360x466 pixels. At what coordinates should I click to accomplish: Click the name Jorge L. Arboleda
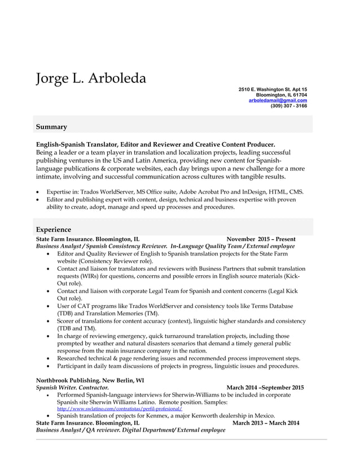pyautogui.click(x=91, y=78)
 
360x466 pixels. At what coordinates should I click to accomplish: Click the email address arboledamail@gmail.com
pyautogui.click(x=278, y=100)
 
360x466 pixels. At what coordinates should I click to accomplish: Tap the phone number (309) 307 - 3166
pyautogui.click(x=288, y=105)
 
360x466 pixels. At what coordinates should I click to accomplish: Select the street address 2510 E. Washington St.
pyautogui.click(x=266, y=90)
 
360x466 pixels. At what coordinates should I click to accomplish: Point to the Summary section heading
pyautogui.click(x=51, y=127)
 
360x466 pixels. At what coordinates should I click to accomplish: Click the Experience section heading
pyautogui.click(x=54, y=230)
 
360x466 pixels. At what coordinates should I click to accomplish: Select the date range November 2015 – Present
pyautogui.click(x=261, y=239)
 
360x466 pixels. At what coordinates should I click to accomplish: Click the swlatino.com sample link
pyautogui.click(x=120, y=408)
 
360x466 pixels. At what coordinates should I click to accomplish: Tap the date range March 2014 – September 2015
pyautogui.click(x=265, y=388)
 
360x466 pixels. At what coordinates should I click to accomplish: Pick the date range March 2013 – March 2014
pyautogui.click(x=266, y=423)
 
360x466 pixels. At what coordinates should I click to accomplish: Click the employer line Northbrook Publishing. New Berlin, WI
pyautogui.click(x=90, y=380)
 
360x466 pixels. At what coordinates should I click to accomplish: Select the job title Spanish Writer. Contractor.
pyautogui.click(x=72, y=388)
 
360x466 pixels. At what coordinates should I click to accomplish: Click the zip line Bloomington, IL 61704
pyautogui.click(x=281, y=95)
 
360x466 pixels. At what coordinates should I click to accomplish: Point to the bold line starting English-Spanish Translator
pyautogui.click(x=155, y=144)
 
